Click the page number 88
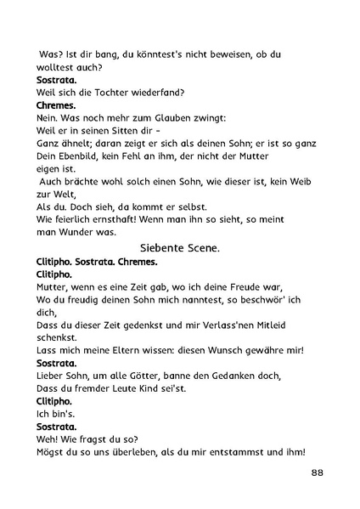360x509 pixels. [315, 472]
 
